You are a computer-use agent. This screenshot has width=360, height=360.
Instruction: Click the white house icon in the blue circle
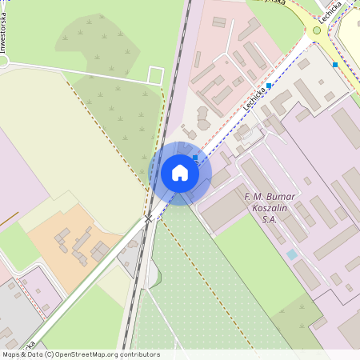(x=180, y=172)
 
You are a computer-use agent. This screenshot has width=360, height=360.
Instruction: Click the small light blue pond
(x=292, y=254)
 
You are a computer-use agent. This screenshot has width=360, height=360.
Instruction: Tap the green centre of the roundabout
(x=317, y=30)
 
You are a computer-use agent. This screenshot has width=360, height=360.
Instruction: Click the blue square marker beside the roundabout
(x=335, y=64)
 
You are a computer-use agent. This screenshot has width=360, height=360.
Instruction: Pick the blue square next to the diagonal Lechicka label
(x=269, y=85)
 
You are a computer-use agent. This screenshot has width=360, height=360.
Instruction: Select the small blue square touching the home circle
(x=195, y=157)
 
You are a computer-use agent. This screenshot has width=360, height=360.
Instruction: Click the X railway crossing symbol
(x=148, y=218)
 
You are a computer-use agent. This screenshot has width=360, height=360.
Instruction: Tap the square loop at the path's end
(x=156, y=76)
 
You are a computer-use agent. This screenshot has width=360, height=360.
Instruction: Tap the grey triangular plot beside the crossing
(x=129, y=256)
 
